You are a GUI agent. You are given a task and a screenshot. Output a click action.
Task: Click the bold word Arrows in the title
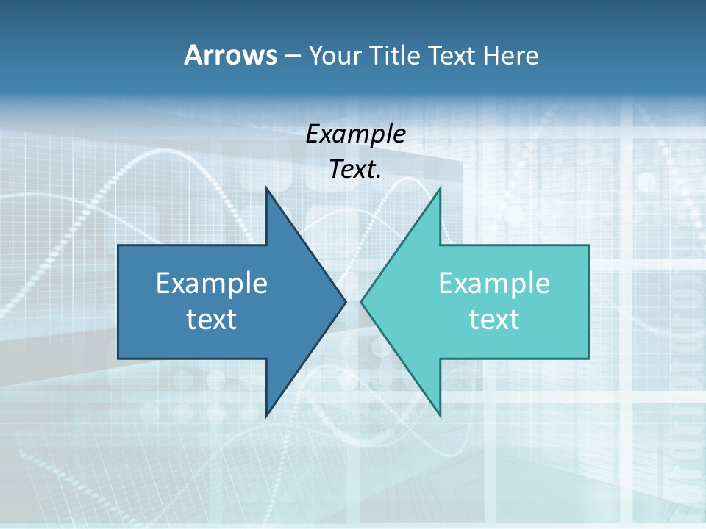click(230, 55)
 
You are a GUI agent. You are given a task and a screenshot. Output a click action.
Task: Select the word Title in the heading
click(396, 56)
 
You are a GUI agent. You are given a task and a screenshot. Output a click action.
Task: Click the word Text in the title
click(452, 56)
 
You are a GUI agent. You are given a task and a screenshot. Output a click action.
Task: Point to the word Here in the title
click(510, 56)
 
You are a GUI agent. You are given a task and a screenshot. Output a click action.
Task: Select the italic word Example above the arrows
click(355, 134)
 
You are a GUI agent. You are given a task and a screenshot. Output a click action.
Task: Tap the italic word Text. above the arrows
click(355, 170)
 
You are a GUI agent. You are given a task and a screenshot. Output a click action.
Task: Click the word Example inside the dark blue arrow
click(212, 284)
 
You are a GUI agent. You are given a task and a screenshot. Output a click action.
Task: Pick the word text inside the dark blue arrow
click(212, 319)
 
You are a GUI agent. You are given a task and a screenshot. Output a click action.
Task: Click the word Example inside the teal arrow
click(494, 284)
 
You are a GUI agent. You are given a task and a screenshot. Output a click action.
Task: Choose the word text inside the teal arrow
click(494, 319)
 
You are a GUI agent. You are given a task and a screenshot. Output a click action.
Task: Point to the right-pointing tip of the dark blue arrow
click(345, 301)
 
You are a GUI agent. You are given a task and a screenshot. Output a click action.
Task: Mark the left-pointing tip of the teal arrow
click(361, 301)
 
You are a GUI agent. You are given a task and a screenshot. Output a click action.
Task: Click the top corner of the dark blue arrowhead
click(267, 189)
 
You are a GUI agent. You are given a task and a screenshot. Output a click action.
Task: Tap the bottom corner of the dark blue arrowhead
click(267, 415)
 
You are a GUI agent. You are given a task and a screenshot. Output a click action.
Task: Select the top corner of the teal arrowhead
click(440, 189)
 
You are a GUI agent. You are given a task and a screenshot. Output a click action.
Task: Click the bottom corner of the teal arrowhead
click(440, 415)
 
